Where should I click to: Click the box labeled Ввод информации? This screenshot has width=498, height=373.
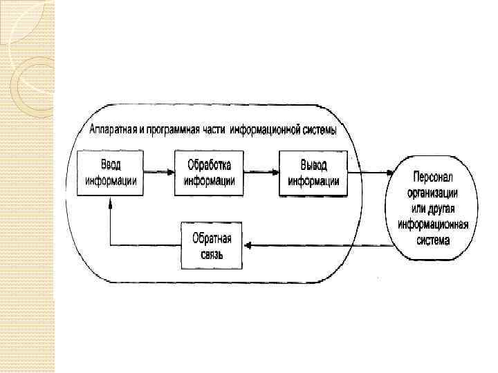point(110,173)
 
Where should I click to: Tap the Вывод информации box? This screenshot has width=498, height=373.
point(313,173)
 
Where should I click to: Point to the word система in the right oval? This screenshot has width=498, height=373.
point(433,241)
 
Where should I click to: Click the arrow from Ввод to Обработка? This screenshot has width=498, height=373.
point(158,172)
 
